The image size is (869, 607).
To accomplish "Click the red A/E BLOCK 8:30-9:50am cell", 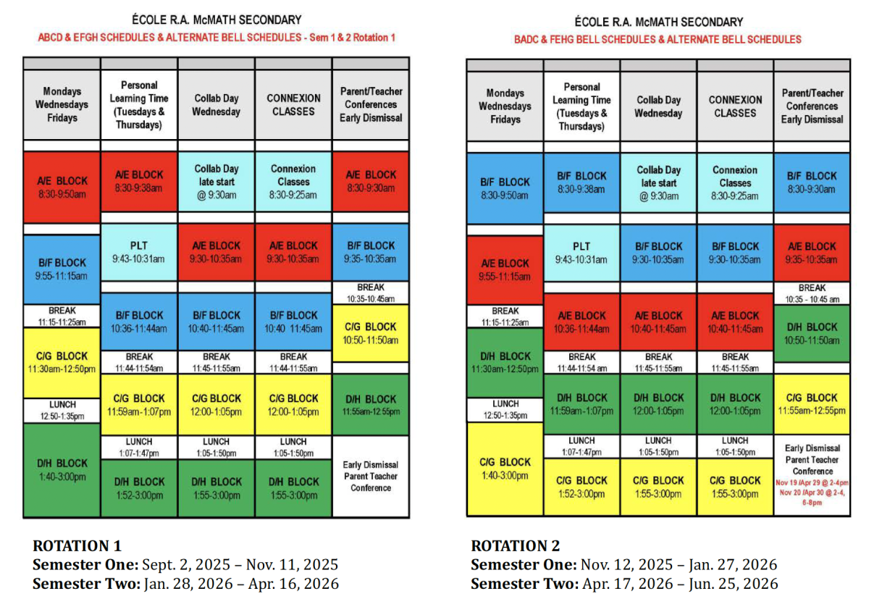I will click(62, 187).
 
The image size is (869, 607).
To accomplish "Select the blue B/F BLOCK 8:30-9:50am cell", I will click(505, 188).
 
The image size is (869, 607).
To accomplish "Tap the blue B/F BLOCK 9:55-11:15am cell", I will click(62, 269).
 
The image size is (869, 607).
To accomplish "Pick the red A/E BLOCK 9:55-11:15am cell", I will click(505, 269).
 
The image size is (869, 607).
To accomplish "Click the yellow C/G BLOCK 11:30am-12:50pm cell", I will click(62, 362).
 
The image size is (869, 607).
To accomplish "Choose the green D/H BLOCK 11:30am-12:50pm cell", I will click(505, 362).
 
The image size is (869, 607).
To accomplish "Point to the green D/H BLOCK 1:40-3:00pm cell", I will click(62, 469).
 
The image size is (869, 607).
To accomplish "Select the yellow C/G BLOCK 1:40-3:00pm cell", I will click(505, 469).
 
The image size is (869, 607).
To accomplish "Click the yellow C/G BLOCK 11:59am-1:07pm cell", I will click(139, 405).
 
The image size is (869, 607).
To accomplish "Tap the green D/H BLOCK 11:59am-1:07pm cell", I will click(582, 404).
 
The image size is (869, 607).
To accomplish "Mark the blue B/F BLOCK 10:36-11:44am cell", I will click(139, 322).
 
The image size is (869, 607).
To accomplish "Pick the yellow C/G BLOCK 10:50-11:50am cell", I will click(371, 333).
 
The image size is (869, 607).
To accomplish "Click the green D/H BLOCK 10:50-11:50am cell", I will click(812, 333).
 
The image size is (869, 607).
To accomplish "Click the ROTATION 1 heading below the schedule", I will click(77, 545).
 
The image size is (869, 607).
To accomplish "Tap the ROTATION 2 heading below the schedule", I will click(516, 545).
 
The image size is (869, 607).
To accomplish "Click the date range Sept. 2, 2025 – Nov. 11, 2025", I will click(240, 565).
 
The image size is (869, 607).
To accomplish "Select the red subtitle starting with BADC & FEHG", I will click(658, 39).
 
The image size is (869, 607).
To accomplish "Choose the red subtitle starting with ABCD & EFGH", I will click(217, 38).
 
